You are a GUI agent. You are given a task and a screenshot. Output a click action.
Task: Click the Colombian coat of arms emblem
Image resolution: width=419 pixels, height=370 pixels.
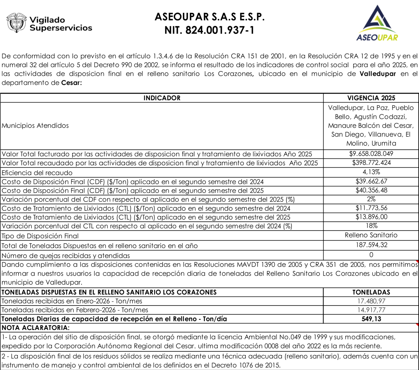tap(16, 22)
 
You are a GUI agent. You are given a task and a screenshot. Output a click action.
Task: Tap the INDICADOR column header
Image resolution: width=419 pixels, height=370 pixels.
tap(162, 98)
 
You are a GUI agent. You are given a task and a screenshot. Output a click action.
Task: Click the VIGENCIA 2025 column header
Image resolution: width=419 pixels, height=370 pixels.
tap(371, 98)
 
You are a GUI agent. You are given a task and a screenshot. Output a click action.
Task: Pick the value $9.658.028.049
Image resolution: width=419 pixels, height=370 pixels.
tap(371, 153)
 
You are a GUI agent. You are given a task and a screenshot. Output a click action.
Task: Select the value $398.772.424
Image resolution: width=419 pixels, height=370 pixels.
tap(371, 162)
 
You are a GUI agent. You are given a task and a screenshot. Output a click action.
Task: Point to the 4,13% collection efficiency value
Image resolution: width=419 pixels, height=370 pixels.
tap(371, 172)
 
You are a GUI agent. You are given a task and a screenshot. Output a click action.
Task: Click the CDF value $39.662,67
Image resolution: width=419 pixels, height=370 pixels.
tap(371, 181)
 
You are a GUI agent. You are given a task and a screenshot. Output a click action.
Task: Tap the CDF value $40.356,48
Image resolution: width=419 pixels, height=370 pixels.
tap(371, 190)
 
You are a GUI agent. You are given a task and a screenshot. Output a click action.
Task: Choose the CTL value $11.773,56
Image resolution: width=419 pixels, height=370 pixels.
tap(371, 208)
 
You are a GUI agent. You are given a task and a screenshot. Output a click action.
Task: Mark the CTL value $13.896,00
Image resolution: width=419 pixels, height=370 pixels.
tap(371, 217)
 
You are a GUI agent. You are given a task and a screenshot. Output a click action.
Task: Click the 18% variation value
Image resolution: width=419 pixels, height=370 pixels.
tap(371, 226)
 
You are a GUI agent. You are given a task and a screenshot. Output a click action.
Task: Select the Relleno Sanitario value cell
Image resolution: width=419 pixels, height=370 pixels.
tap(371, 235)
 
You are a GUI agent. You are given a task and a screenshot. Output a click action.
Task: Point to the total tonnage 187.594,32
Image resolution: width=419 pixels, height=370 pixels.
tap(371, 245)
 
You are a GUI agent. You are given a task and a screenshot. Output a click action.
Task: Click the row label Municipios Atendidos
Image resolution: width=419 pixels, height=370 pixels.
tap(35, 126)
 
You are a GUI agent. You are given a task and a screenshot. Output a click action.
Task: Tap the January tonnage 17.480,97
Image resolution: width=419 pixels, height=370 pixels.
tap(371, 301)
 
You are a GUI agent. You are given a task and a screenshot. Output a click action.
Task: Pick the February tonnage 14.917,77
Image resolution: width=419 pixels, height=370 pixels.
tap(371, 310)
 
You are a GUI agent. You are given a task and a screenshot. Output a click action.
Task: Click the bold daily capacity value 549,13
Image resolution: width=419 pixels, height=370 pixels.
tap(371, 319)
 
